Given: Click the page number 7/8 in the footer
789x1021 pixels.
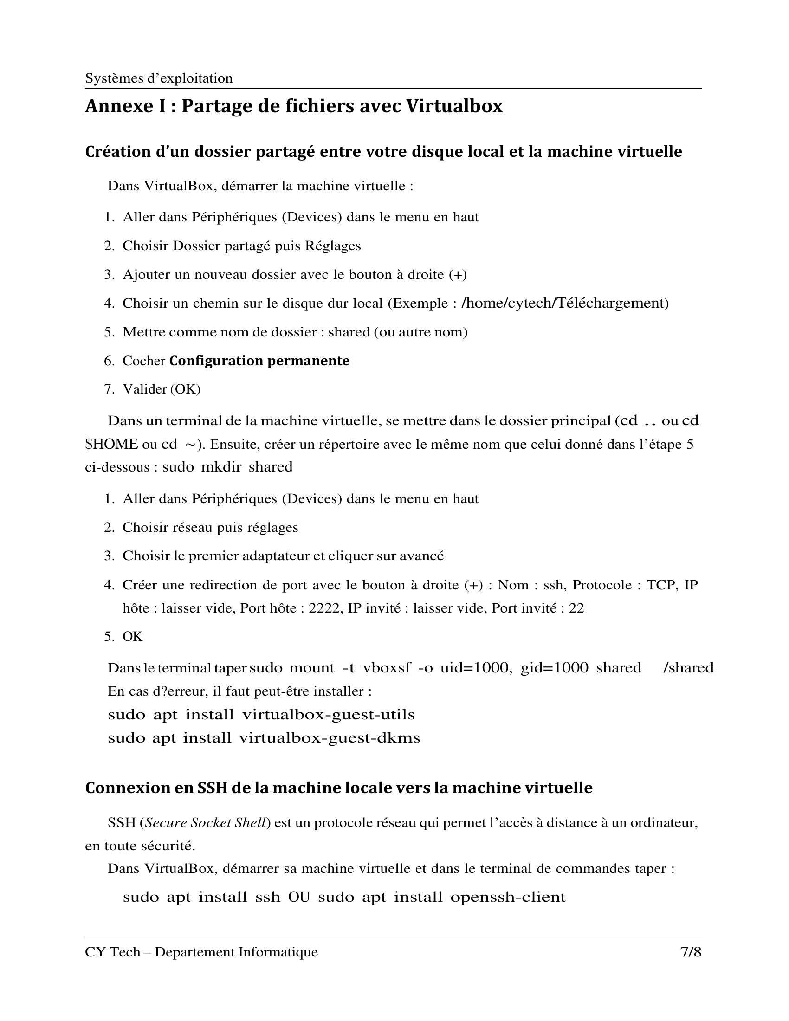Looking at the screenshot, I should [x=691, y=952].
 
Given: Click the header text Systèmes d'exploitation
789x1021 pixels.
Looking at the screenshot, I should [x=158, y=78].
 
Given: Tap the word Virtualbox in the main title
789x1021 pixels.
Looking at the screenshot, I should [x=454, y=106].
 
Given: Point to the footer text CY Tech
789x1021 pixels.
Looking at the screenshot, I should [x=113, y=952].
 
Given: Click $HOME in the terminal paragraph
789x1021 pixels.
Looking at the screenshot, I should [x=112, y=444].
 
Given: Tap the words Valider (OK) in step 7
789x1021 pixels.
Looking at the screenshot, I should [x=161, y=389].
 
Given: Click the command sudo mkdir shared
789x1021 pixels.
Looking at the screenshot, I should [x=227, y=467].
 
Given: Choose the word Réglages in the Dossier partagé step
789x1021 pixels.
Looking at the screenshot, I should [x=333, y=246].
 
